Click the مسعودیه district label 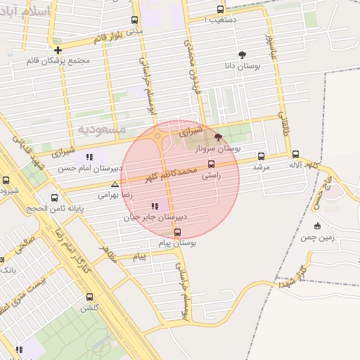click(x=102, y=129)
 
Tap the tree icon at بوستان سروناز click(x=218, y=138)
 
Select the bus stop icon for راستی click(x=211, y=164)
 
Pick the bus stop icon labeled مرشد click(x=262, y=156)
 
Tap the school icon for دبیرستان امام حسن click(x=89, y=157)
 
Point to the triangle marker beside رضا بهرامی click(x=115, y=184)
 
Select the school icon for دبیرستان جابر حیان click(x=154, y=206)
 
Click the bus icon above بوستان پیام click(x=176, y=232)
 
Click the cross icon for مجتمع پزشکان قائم click(x=58, y=50)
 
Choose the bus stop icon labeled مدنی click(x=134, y=20)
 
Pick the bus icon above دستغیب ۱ click(x=221, y=10)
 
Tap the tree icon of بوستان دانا click(x=243, y=54)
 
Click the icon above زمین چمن click(x=317, y=226)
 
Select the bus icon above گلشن click(x=89, y=296)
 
